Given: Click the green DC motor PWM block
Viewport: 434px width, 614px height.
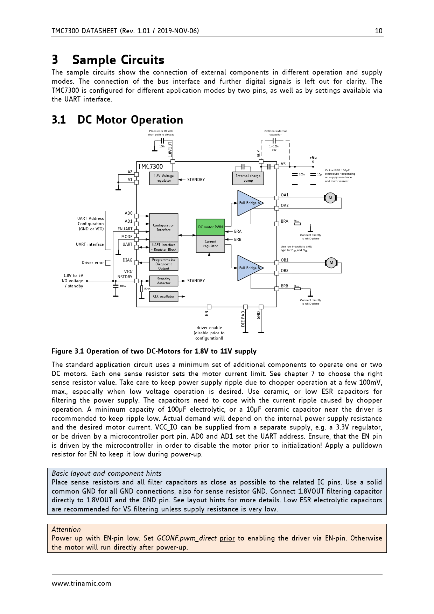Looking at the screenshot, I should (x=210, y=227).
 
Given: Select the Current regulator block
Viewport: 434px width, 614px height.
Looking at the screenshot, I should (x=210, y=244).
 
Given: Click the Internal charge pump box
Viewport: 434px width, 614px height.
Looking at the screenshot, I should (x=248, y=178).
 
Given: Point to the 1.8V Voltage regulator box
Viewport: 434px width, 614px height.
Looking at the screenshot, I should (x=163, y=178).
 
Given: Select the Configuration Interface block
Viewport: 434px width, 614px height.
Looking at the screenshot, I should (x=163, y=228).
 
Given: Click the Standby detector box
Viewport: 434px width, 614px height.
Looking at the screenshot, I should (x=163, y=281).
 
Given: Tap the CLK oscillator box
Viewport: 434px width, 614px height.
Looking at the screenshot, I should (x=163, y=296).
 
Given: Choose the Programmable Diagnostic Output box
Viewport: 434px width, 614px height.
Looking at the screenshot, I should (x=163, y=264).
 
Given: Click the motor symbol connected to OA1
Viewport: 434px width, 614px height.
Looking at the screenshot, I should (x=330, y=198).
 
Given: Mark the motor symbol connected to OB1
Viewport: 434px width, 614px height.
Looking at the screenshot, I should (x=331, y=263).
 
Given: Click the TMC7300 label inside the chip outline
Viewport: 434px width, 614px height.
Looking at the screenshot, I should (x=150, y=167).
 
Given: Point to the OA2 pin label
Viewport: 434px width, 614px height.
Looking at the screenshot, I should (x=285, y=205).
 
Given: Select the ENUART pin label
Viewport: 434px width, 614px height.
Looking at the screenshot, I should (x=125, y=229).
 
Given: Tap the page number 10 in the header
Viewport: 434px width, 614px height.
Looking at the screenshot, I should (x=379, y=31).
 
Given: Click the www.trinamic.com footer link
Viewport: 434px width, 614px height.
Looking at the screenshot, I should (x=81, y=584).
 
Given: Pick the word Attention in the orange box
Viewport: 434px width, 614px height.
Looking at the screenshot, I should (x=66, y=529).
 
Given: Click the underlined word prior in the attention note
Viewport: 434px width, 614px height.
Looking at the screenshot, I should (x=227, y=538).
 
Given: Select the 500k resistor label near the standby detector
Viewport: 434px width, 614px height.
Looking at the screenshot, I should (x=147, y=289).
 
